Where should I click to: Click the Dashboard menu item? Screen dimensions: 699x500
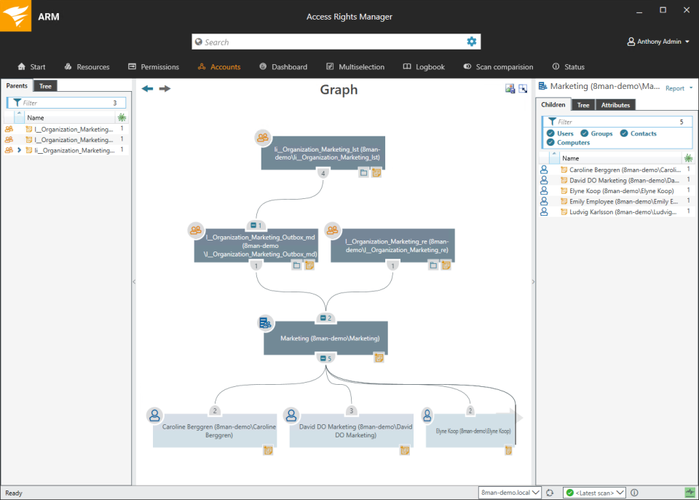(283, 66)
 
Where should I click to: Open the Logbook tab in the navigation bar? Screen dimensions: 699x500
(424, 66)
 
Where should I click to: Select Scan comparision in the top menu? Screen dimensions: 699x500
(498, 66)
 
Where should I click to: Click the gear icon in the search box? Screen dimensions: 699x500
(472, 42)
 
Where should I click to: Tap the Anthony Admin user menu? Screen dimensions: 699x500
(658, 42)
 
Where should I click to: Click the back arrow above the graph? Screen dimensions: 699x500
(147, 88)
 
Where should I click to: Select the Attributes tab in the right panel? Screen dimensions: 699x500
(615, 105)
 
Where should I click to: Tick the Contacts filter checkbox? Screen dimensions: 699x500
(624, 133)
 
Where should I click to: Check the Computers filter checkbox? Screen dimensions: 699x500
(550, 142)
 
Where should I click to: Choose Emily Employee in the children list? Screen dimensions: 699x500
(623, 201)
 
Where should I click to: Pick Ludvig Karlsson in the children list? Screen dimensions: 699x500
(623, 212)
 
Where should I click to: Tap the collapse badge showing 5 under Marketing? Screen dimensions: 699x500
(326, 358)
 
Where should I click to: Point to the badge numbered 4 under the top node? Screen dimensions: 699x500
(323, 173)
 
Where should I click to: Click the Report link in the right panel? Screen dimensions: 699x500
(674, 88)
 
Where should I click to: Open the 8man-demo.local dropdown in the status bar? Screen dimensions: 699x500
(510, 493)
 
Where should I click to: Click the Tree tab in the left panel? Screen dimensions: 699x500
(45, 86)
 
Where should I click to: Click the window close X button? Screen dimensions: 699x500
(687, 9)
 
